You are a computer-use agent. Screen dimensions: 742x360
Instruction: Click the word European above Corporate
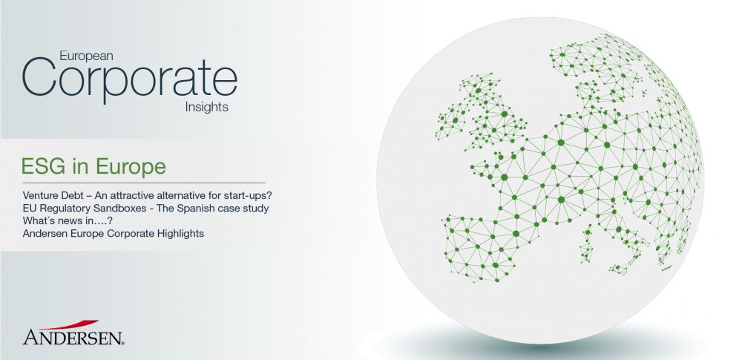click(86, 56)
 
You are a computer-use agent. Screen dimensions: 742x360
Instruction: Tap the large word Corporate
click(129, 78)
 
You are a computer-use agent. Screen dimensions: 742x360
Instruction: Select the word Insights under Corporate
click(207, 107)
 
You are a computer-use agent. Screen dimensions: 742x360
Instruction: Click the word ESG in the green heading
click(42, 166)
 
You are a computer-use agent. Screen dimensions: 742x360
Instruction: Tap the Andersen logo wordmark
click(73, 337)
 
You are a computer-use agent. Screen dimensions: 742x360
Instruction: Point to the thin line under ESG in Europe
click(144, 183)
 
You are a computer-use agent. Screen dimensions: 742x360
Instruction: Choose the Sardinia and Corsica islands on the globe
click(587, 243)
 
